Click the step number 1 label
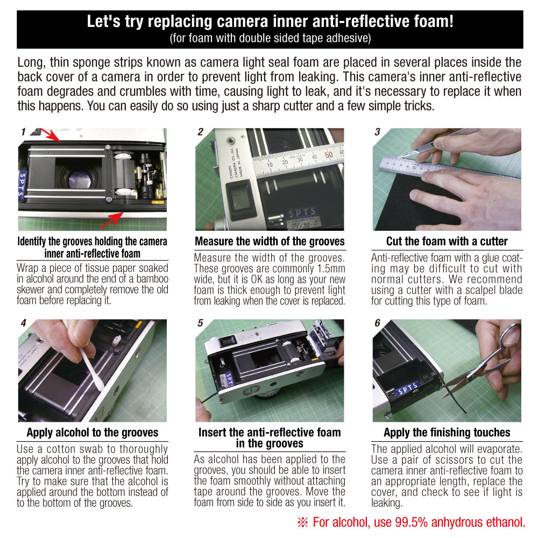pos(23,132)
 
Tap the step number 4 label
pos(23,323)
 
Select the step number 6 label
pos(378,323)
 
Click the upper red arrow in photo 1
pos(51,134)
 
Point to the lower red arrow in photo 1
pos(111,220)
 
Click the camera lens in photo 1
pos(80,179)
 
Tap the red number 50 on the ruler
pos(328,155)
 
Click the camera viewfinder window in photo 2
pos(240,199)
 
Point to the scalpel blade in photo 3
pos(408,154)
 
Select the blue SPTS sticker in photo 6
pos(407,390)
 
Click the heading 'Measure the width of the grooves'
pos(270,242)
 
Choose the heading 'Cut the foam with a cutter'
pos(447,242)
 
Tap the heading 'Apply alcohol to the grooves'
pos(93,433)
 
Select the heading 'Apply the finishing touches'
pos(447,433)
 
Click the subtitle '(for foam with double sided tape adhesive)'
pos(270,38)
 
